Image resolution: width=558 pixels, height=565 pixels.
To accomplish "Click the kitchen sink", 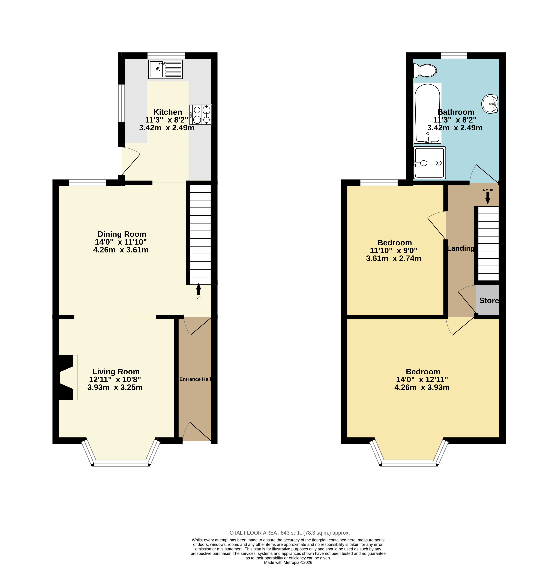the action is (x=165, y=69).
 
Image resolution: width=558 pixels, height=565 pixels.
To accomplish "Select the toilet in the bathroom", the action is (x=425, y=70).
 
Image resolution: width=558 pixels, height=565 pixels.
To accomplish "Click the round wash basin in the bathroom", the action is (x=490, y=104).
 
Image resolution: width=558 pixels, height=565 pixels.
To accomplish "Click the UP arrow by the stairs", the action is (x=199, y=289).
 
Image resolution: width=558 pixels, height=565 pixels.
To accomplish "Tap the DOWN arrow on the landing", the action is (x=488, y=198).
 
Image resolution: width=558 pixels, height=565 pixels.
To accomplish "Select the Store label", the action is (x=489, y=300).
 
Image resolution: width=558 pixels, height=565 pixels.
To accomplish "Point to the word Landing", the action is (x=461, y=248).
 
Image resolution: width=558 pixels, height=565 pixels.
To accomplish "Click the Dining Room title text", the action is (x=122, y=234).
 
